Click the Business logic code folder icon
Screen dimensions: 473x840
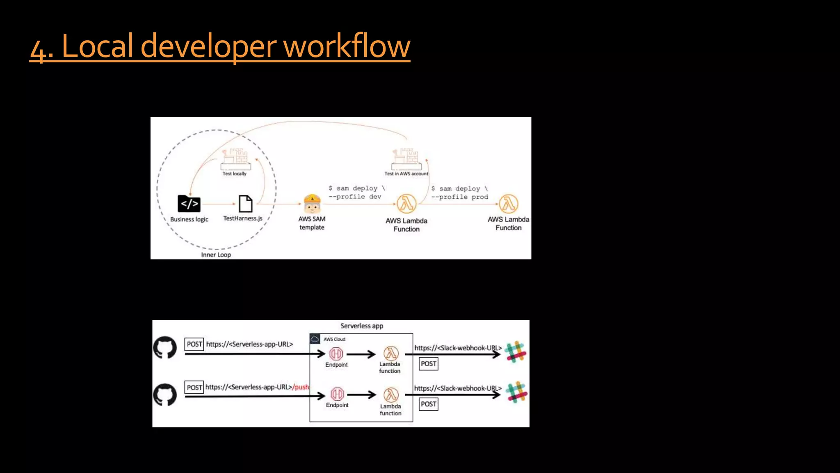[x=189, y=204]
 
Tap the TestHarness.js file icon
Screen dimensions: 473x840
[x=245, y=204]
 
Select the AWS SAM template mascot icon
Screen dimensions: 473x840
[x=312, y=204]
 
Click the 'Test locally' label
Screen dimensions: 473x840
[x=235, y=174]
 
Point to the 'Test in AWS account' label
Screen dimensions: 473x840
[x=406, y=174]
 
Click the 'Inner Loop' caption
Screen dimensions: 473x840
[x=216, y=255]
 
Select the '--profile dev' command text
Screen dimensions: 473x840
[x=355, y=197]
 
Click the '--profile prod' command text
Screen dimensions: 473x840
[x=459, y=197]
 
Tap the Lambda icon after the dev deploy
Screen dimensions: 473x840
[x=406, y=204]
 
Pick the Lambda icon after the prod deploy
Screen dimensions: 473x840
[x=509, y=204]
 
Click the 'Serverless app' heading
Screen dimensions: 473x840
[x=362, y=326]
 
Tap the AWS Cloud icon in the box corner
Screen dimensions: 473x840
[x=315, y=339]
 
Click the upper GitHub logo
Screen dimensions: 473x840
[x=165, y=347]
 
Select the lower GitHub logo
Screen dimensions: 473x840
[x=165, y=395]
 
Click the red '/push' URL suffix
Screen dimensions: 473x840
[x=301, y=387]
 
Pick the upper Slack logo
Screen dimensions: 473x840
[x=516, y=351]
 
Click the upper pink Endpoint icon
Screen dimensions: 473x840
[x=336, y=354]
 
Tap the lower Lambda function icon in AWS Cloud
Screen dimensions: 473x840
[x=391, y=395]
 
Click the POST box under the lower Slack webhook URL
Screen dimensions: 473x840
[x=428, y=404]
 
